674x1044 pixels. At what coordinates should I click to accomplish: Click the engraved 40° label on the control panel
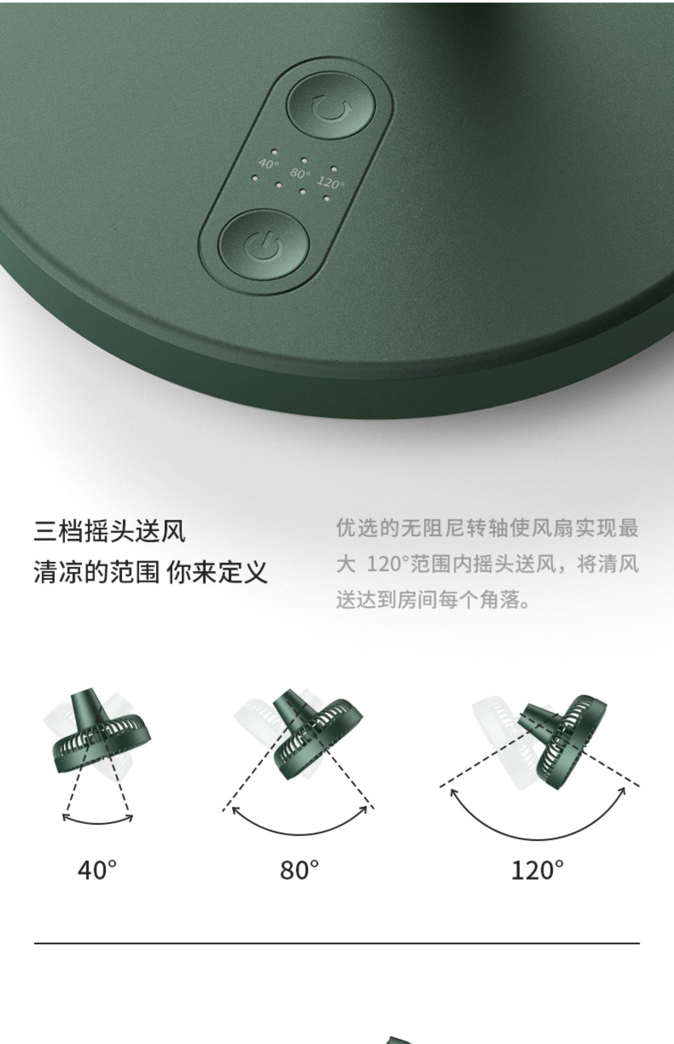[269, 164]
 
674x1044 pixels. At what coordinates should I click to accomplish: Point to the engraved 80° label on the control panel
[300, 173]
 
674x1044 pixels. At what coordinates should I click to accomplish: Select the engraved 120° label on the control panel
[330, 183]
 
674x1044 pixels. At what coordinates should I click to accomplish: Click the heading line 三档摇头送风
[109, 531]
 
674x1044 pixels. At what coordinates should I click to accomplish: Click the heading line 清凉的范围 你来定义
[151, 572]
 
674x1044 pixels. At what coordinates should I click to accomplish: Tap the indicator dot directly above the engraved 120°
[333, 169]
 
